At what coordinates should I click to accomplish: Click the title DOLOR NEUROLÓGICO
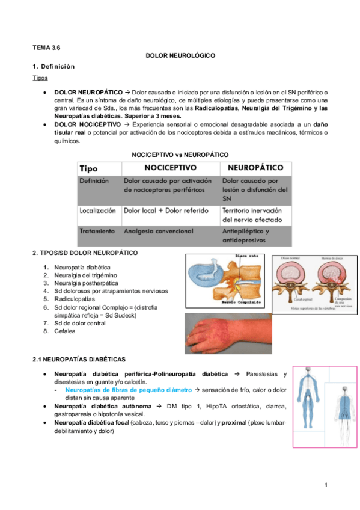180,55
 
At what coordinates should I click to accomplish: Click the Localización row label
97,211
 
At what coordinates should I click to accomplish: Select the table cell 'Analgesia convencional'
159,231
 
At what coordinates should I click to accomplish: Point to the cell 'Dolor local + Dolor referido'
166,211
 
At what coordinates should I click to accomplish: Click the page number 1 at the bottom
325,485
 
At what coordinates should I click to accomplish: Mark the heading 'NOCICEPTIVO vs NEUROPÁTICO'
180,155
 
